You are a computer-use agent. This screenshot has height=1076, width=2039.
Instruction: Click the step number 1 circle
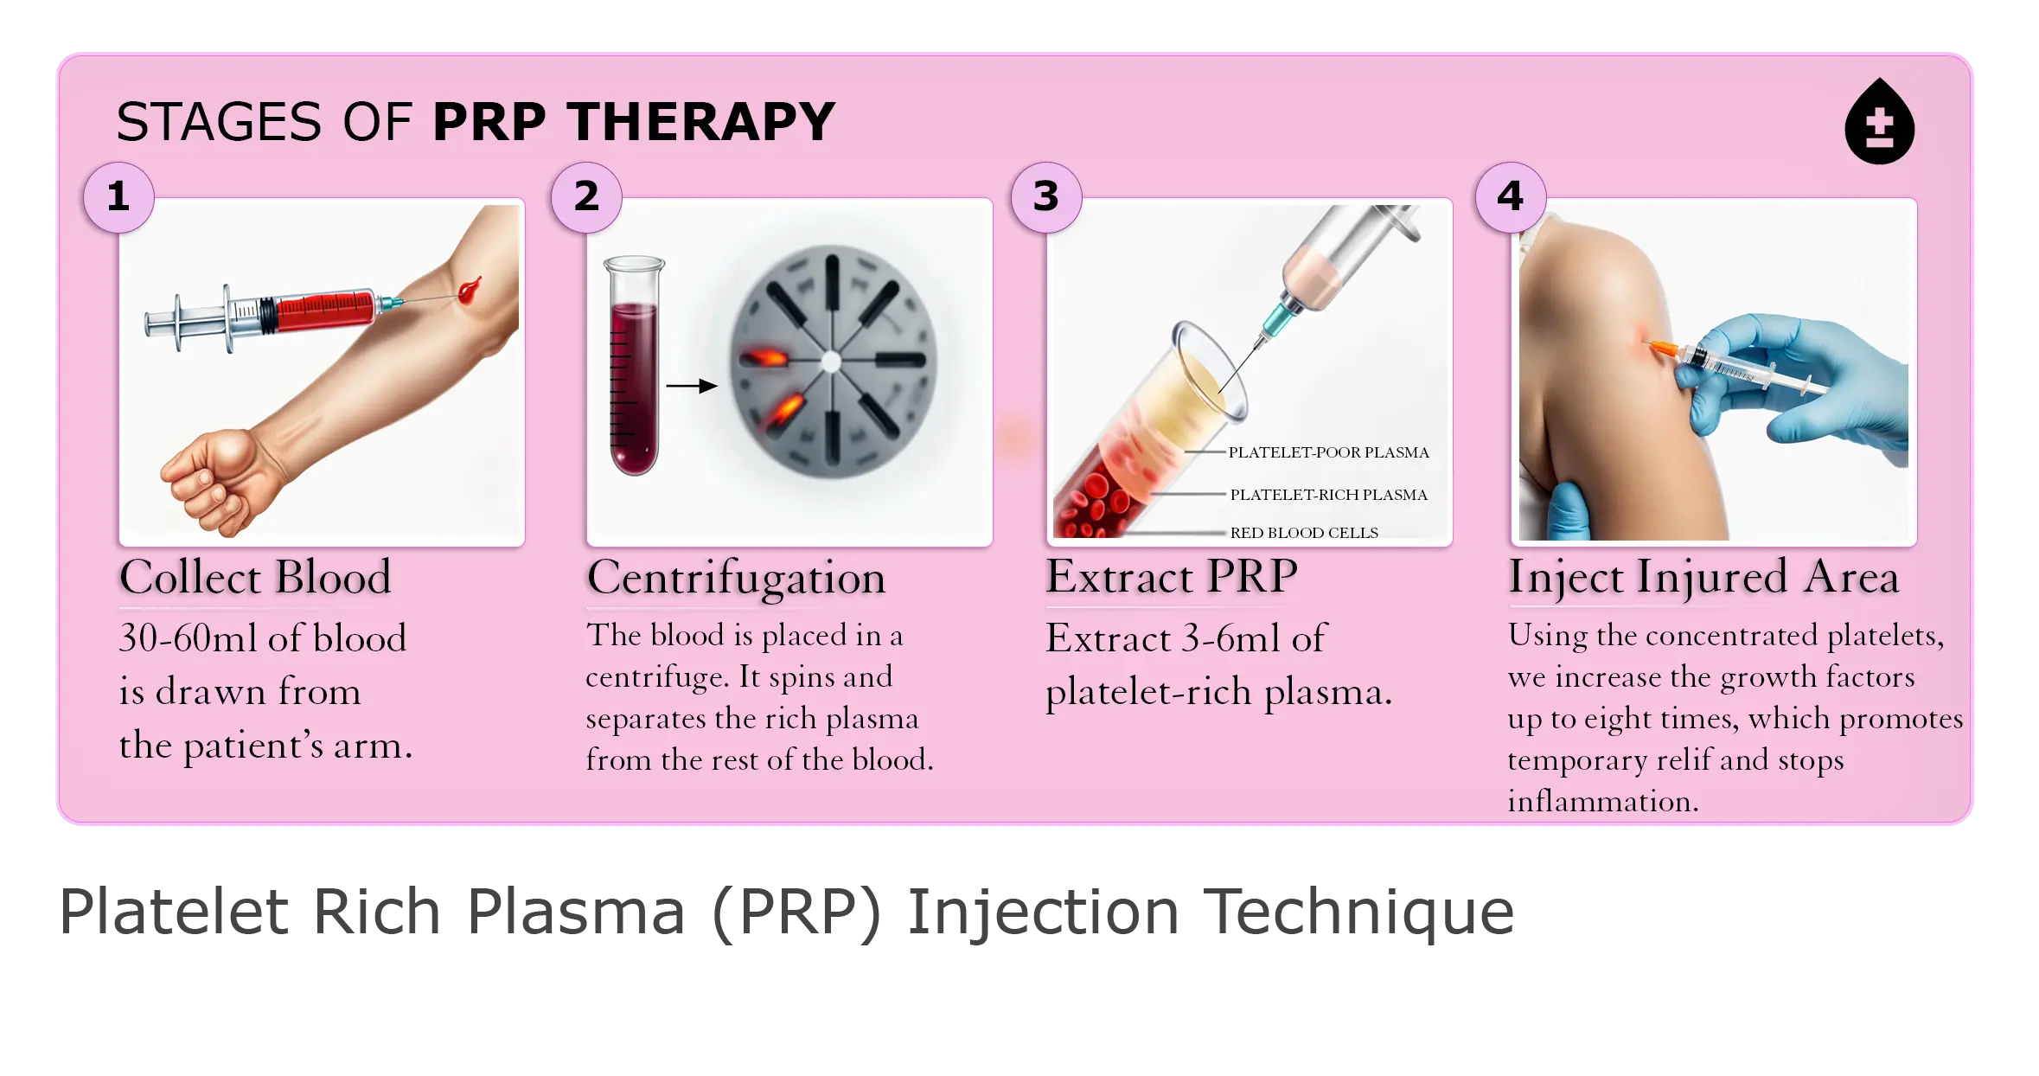click(x=119, y=197)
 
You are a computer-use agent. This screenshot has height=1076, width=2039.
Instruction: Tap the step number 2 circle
click(x=586, y=197)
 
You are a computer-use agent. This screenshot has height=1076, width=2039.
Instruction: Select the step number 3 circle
click(x=1046, y=197)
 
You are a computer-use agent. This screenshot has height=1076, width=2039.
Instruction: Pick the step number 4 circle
click(x=1511, y=197)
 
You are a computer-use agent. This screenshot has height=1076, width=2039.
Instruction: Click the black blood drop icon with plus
click(x=1879, y=124)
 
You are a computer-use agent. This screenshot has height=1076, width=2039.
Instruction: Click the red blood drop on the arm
click(x=470, y=290)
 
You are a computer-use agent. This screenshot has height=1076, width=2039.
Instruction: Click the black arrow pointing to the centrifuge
click(x=692, y=386)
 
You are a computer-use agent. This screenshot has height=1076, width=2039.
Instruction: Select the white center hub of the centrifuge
click(x=831, y=362)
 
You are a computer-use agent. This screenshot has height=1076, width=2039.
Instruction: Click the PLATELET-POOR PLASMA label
click(x=1328, y=452)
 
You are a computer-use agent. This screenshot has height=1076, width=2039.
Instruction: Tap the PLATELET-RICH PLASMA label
click(x=1328, y=495)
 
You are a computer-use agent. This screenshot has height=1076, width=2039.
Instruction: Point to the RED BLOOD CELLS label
click(x=1304, y=533)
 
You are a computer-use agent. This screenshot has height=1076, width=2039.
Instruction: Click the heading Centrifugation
click(x=737, y=578)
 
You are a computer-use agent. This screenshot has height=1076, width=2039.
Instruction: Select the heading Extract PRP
click(x=1172, y=576)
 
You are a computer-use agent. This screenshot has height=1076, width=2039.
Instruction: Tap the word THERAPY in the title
click(x=702, y=122)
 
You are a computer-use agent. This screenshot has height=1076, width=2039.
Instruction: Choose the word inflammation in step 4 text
click(x=1603, y=801)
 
